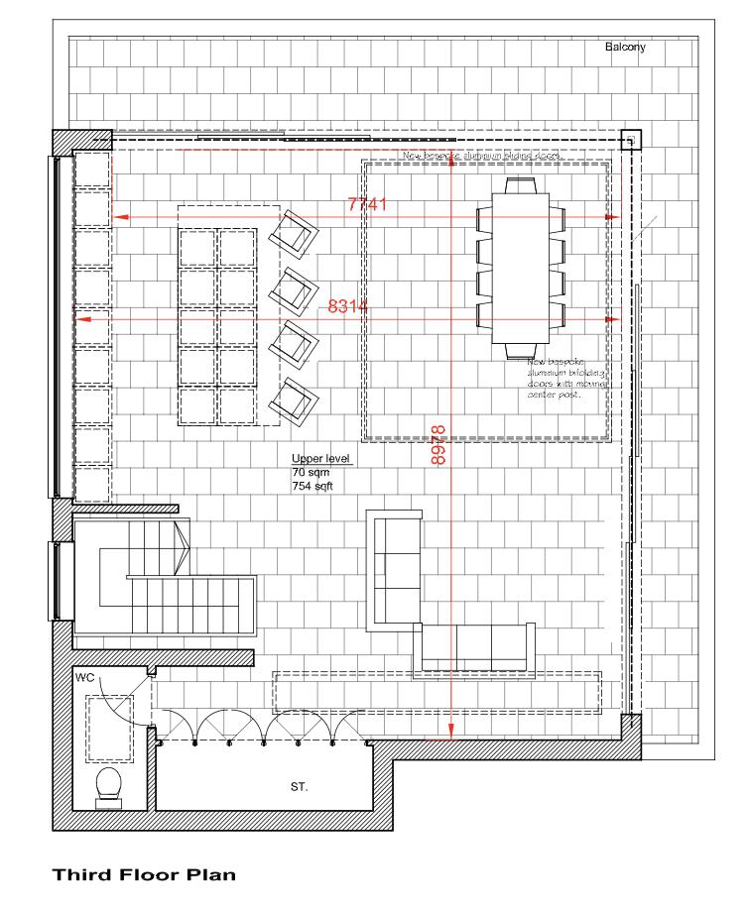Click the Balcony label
(625, 47)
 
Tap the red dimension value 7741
(366, 204)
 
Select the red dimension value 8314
(348, 307)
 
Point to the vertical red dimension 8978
(440, 446)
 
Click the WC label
(85, 678)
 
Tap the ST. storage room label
(299, 787)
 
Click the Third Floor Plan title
(144, 875)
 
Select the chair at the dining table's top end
(520, 185)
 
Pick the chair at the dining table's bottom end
(520, 350)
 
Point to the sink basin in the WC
(103, 723)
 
